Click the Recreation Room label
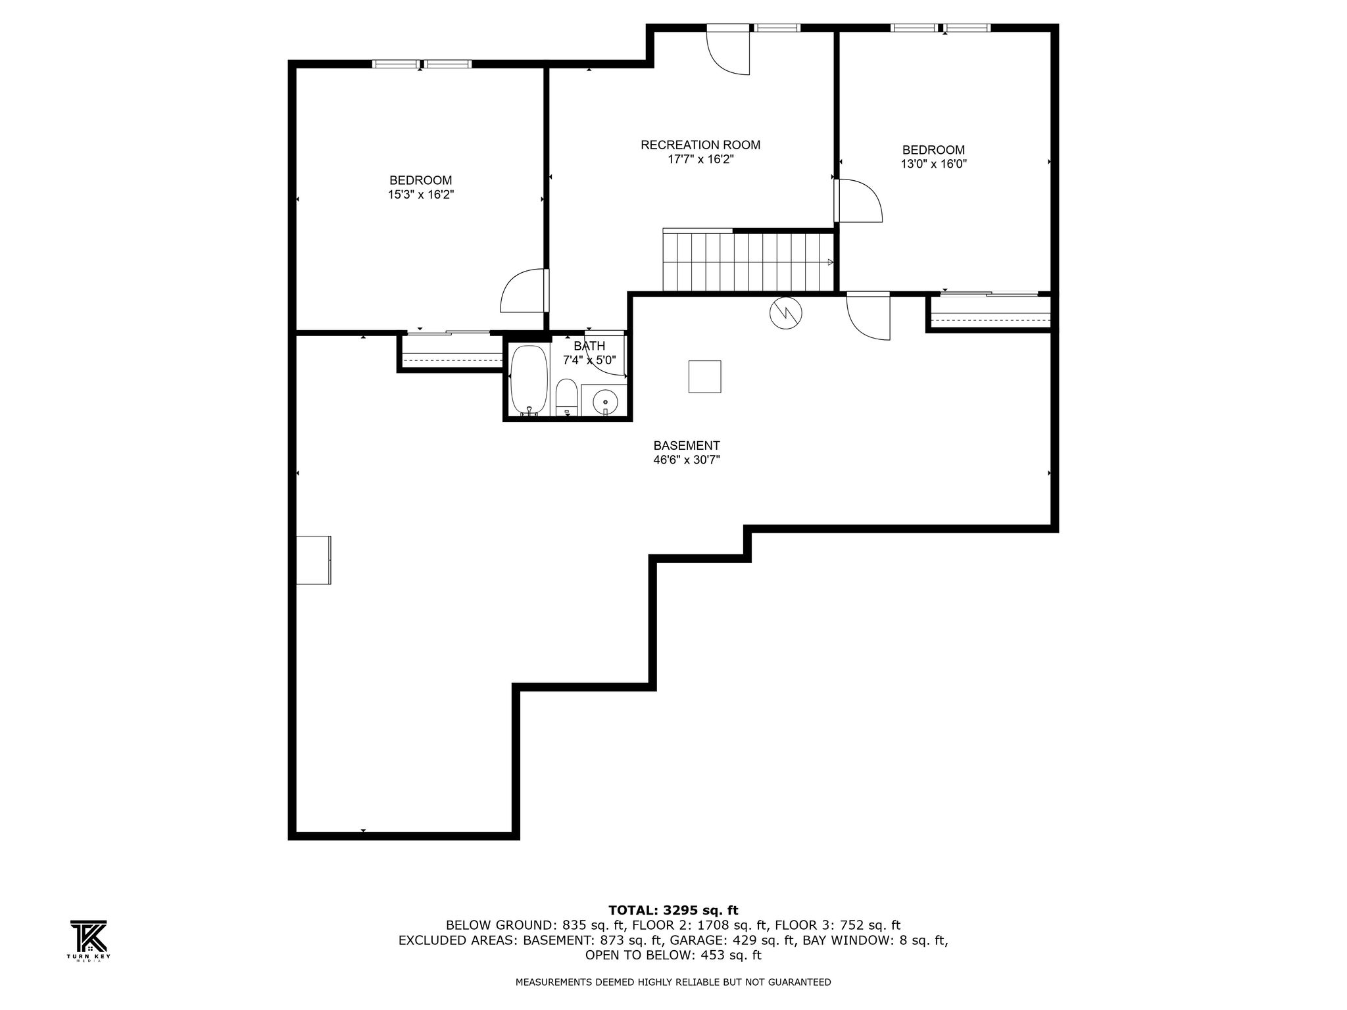700,145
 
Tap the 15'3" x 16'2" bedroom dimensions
421,195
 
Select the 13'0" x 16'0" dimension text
933,164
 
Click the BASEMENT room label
687,446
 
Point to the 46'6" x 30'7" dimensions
687,460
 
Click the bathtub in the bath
529,381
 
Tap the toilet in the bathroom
566,398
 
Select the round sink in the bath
605,401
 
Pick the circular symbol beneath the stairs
786,313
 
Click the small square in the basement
705,377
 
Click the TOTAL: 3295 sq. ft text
673,910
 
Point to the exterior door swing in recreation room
728,53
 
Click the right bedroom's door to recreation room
858,201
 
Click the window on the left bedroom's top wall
422,64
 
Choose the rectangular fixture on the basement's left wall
314,560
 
